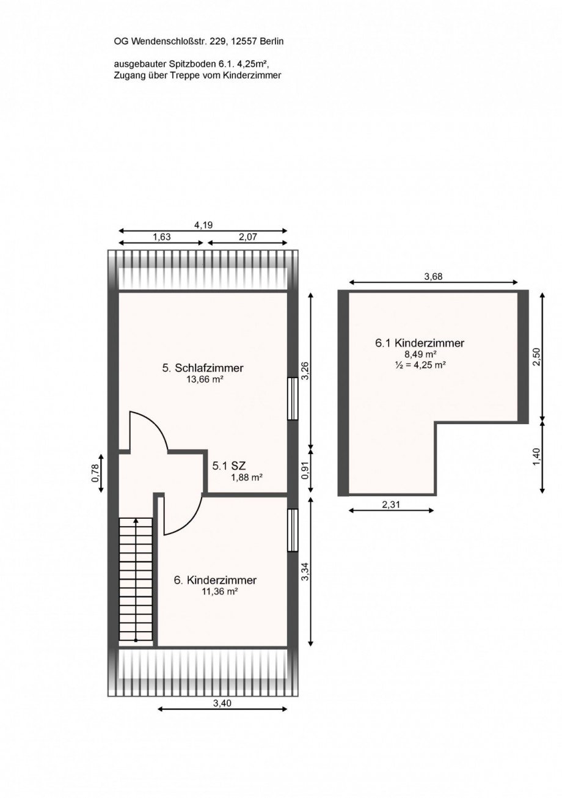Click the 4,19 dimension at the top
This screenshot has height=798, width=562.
203,225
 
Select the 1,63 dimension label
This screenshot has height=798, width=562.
161,237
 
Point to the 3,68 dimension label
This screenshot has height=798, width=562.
433,276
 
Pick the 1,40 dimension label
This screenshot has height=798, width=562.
536,456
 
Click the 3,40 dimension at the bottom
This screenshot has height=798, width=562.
222,703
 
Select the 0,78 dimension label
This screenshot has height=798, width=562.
95,474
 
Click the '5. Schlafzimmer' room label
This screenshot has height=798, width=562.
203,368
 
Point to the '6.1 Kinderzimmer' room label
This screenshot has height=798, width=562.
420,343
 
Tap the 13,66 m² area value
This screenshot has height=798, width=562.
203,379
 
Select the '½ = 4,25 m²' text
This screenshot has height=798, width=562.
420,365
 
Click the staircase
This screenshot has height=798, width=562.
136,579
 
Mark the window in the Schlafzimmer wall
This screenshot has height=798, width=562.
293,398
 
